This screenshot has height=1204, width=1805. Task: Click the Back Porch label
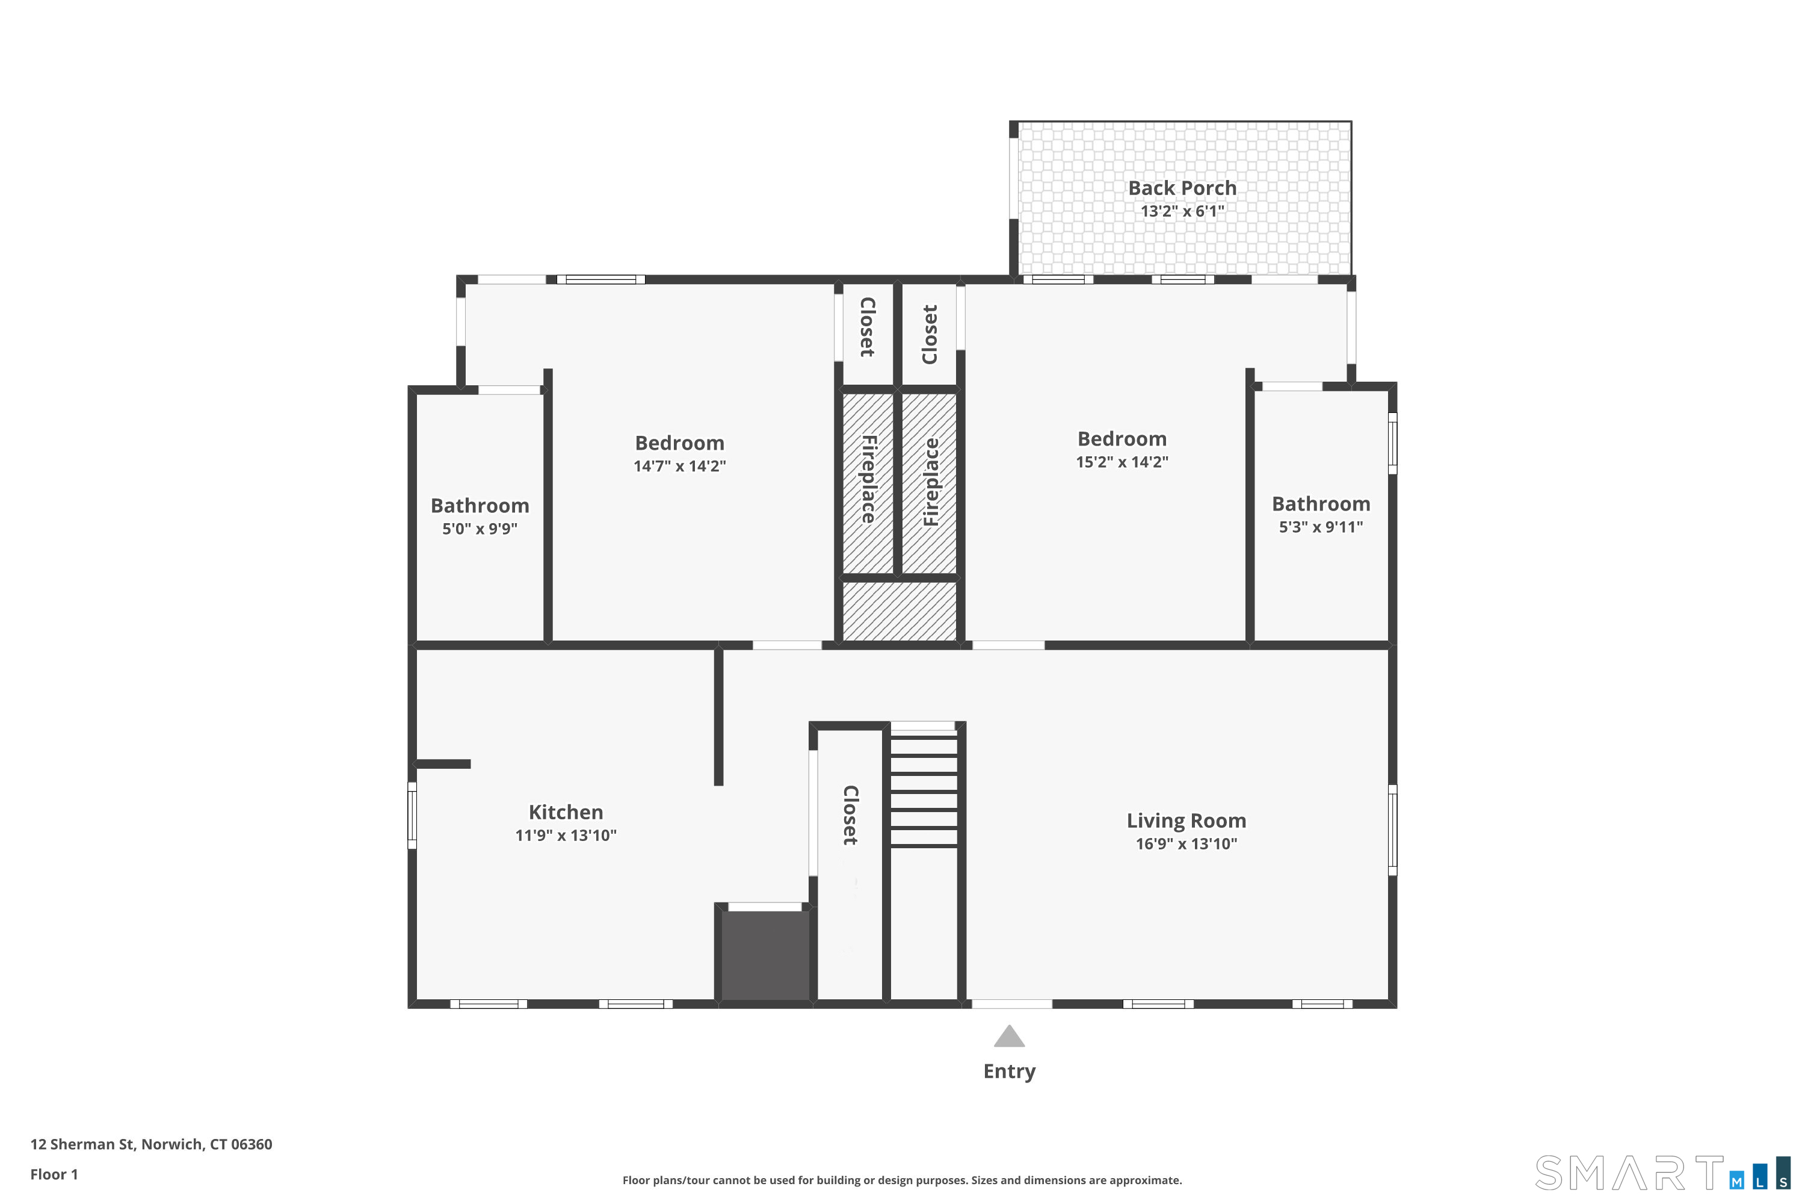pos(1182,188)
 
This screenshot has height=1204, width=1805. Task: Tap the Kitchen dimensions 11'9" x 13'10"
pos(566,836)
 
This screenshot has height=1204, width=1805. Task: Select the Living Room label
pos(1186,821)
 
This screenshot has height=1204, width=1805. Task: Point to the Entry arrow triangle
pos(1009,1036)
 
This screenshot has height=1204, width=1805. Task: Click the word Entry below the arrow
pos(1009,1071)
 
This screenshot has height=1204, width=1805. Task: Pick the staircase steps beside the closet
pos(923,791)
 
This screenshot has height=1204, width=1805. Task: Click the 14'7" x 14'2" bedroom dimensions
pos(679,466)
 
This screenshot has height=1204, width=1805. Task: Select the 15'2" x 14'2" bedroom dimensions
pos(1122,462)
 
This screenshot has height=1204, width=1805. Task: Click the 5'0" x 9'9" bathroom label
pos(480,529)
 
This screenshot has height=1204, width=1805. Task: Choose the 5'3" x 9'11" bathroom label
pos(1321,527)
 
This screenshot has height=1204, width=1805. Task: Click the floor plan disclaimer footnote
pos(902,1180)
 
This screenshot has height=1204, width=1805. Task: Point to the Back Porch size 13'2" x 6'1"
pos(1182,211)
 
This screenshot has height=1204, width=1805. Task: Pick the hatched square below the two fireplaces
pos(899,611)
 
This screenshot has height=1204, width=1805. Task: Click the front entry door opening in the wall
pos(1011,1004)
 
